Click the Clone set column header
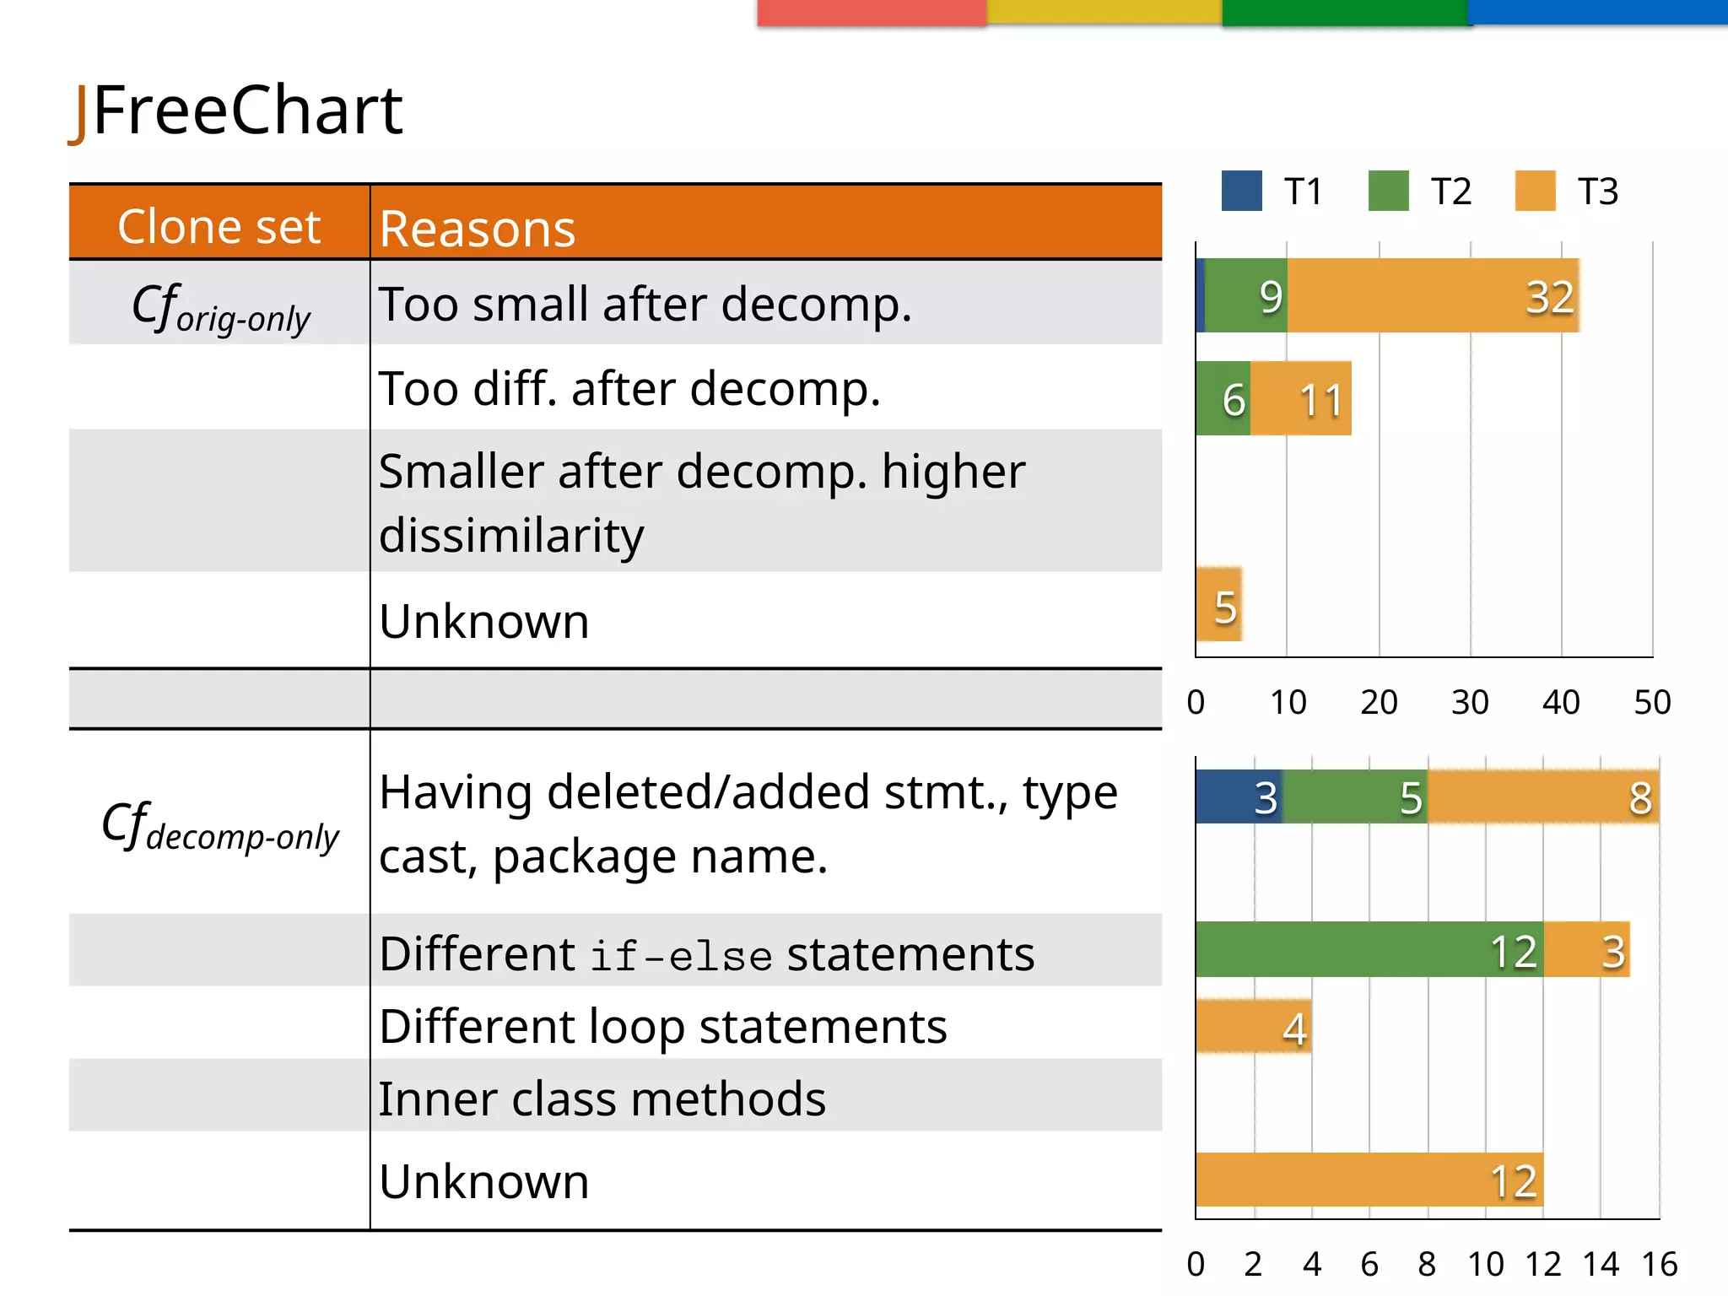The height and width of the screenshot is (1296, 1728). pyautogui.click(x=219, y=226)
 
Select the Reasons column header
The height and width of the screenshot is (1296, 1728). pyautogui.click(x=477, y=228)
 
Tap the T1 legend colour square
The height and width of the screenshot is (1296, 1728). pyautogui.click(x=1241, y=191)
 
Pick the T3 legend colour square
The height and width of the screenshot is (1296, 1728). pyautogui.click(x=1535, y=191)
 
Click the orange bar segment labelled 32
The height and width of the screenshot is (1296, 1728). pyautogui.click(x=1433, y=296)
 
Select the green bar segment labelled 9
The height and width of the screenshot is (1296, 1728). pyautogui.click(x=1246, y=296)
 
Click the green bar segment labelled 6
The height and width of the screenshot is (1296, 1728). pyautogui.click(x=1223, y=399)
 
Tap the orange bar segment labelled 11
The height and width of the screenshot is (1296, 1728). pyautogui.click(x=1301, y=399)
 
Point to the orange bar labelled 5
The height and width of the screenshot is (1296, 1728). pyautogui.click(x=1219, y=605)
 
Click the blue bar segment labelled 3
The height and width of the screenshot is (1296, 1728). pyautogui.click(x=1238, y=796)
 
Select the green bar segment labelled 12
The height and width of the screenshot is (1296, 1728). pyautogui.click(x=1369, y=950)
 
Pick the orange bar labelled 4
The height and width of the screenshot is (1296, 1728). pyautogui.click(x=1253, y=1027)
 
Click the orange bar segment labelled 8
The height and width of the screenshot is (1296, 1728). pyautogui.click(x=1542, y=796)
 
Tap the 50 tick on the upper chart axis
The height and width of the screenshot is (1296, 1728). pyautogui.click(x=1652, y=702)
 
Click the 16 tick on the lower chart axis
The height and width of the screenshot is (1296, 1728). pyautogui.click(x=1659, y=1264)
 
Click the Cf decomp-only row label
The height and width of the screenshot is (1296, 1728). pyautogui.click(x=219, y=827)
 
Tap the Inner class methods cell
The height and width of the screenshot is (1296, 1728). pyautogui.click(x=602, y=1099)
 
